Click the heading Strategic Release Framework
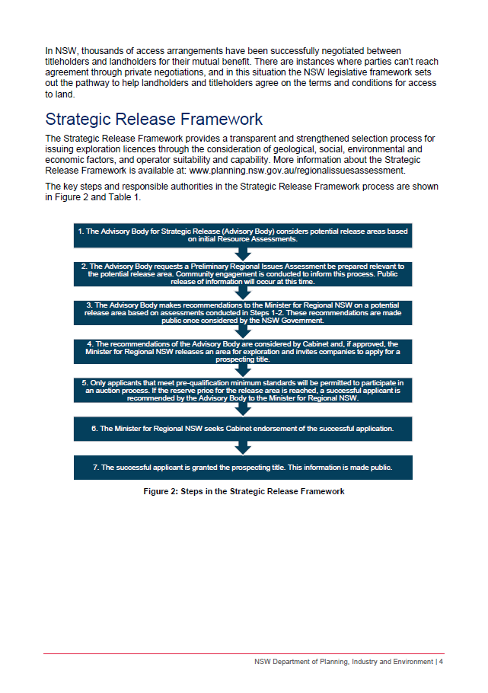tap(154, 120)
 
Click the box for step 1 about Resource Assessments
tap(243, 235)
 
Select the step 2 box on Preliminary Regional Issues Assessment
tap(243, 273)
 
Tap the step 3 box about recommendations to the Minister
tap(243, 311)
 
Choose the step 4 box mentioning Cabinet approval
tap(243, 351)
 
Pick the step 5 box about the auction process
tap(243, 390)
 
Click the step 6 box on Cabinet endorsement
tap(243, 428)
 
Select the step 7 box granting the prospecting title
tap(243, 467)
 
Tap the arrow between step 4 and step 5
tap(243, 370)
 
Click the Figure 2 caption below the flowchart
tap(244, 491)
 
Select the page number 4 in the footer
tap(441, 662)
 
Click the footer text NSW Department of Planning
tap(343, 662)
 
